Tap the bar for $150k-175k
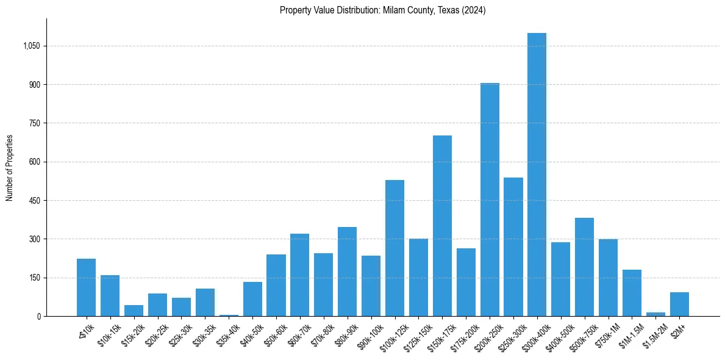[x=442, y=226]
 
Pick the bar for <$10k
[x=86, y=287]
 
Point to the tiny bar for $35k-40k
[x=229, y=315]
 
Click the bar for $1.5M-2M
[x=655, y=314]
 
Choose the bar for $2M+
[x=679, y=304]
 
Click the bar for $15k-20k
[x=134, y=311]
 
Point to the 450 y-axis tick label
[x=34, y=201]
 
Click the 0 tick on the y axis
[x=38, y=316]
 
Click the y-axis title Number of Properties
[x=9, y=168]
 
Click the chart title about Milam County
[x=382, y=10]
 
